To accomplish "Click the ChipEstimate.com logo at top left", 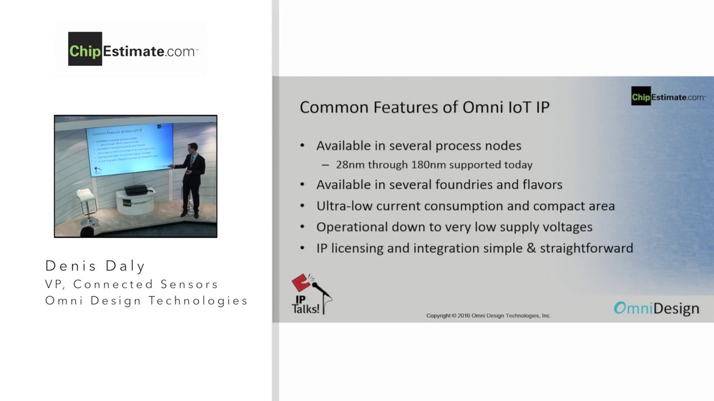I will coord(133,50).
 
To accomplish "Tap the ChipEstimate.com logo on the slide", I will coord(668,96).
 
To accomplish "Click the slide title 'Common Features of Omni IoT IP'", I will coord(424,107).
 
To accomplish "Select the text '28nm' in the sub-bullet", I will coord(349,165).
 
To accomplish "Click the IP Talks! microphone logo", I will coord(310,294).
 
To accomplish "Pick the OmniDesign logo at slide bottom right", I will coord(656,308).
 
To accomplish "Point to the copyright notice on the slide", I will coord(488,316).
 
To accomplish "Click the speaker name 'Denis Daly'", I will coord(95,266).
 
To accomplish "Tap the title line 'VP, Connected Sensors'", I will coord(132,284).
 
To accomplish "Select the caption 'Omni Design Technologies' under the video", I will coord(146,301).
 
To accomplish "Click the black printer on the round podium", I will coord(136,190).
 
